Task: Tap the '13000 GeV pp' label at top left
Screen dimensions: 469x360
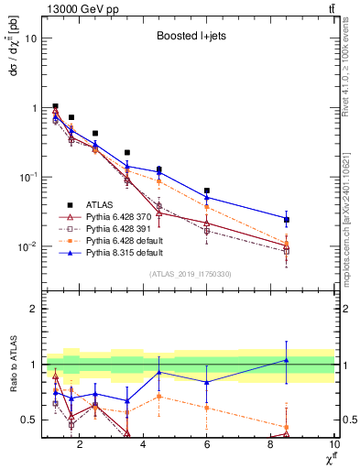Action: pyautogui.click(x=75, y=8)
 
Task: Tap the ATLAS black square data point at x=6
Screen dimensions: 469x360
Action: pyautogui.click(x=207, y=191)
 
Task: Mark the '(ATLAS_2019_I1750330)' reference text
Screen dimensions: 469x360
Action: pyautogui.click(x=188, y=274)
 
